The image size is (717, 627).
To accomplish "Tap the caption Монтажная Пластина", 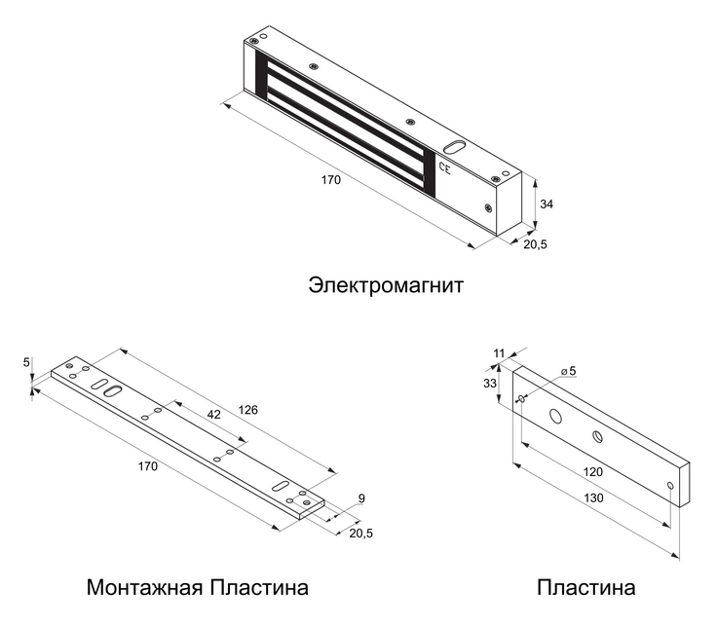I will click(x=198, y=588).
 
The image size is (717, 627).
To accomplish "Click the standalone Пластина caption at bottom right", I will click(x=586, y=588).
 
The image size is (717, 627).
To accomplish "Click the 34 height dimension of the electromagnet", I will click(x=547, y=204).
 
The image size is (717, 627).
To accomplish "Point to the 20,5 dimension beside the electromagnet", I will click(x=535, y=244).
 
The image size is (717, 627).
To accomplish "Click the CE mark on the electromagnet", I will click(x=446, y=168).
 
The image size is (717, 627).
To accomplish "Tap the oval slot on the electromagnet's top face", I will click(x=455, y=149).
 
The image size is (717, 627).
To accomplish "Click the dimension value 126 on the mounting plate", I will click(x=248, y=410).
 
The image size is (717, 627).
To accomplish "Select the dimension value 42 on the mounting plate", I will click(x=214, y=414).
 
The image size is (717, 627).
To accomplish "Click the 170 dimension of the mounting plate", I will click(x=147, y=467).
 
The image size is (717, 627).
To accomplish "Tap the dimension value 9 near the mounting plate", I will click(x=361, y=498).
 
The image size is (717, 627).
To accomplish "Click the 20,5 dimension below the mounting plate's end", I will click(x=360, y=533).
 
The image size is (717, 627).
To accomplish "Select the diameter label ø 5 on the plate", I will click(x=567, y=371).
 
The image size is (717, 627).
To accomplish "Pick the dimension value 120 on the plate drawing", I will click(x=592, y=471).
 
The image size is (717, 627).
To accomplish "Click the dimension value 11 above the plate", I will click(x=499, y=352).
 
